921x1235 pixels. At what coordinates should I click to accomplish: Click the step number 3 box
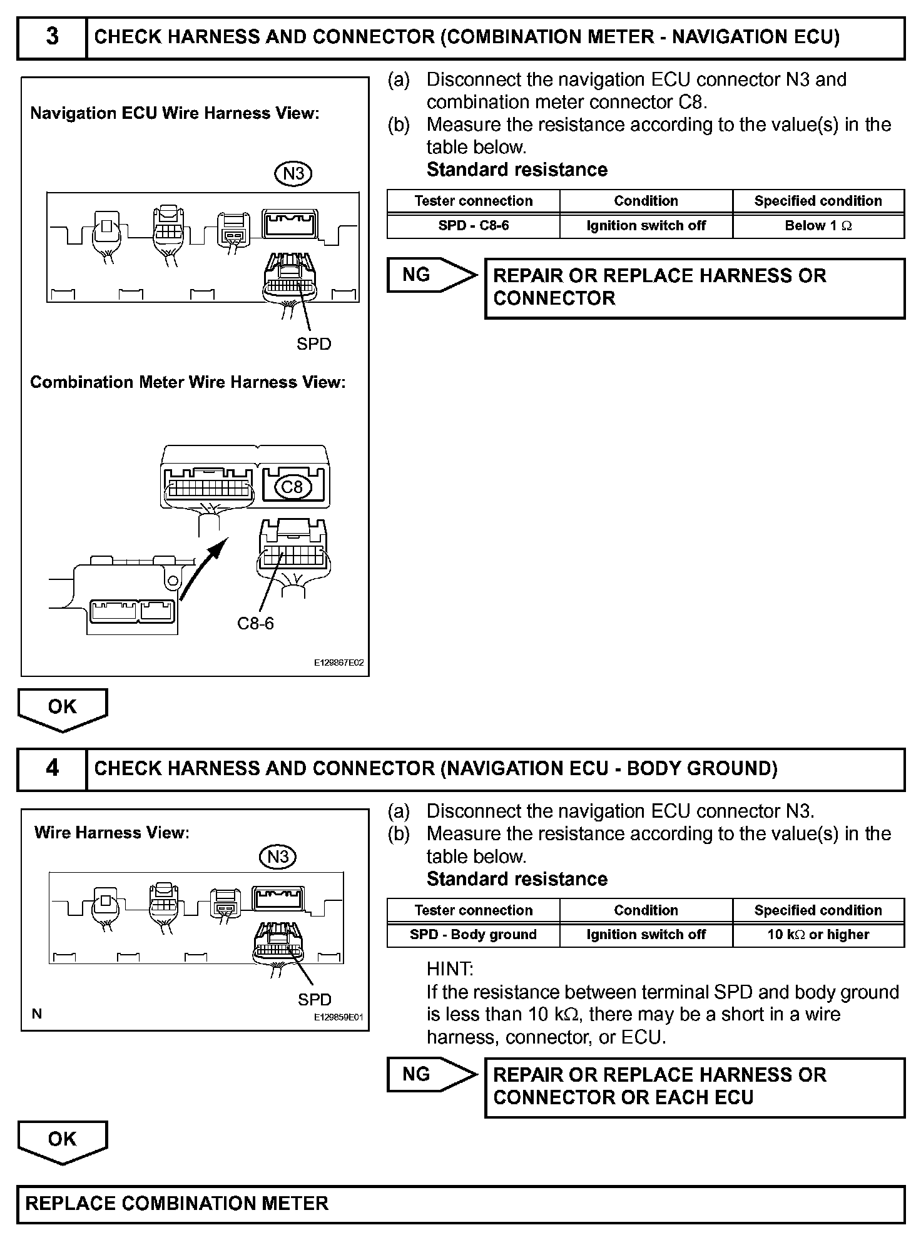52,38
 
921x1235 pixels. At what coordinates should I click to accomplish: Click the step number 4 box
52,768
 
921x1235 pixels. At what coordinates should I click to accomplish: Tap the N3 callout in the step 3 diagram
293,173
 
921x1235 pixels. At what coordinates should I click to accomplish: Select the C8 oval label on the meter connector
292,486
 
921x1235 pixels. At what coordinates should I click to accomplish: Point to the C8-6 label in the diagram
255,623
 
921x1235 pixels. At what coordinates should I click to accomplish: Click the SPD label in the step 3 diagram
313,344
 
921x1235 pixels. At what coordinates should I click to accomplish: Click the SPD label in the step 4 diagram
314,1000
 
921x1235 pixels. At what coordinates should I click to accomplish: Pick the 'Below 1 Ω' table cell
818,226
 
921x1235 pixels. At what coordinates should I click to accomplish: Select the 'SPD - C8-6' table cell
473,226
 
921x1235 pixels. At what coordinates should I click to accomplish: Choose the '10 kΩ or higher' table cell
818,935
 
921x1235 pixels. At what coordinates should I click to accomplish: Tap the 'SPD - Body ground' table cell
473,935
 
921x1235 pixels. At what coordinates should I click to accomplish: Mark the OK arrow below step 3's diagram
63,709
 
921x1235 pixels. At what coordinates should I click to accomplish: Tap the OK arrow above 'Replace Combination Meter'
63,1141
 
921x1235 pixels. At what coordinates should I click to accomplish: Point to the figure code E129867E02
338,663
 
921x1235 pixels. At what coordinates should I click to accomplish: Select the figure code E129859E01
338,1018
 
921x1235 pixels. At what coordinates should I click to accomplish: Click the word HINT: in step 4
450,969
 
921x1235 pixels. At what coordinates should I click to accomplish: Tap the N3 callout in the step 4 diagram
277,856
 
